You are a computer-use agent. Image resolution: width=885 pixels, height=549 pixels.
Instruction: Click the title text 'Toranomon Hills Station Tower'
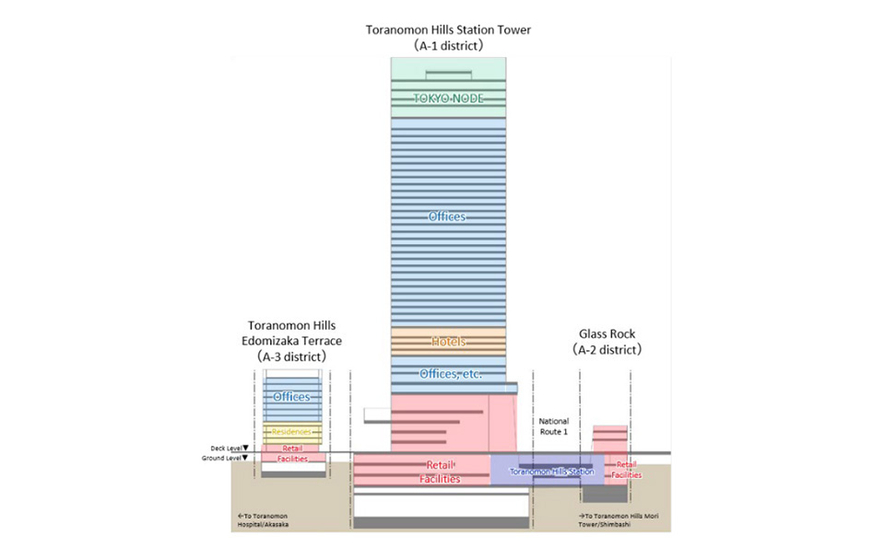pyautogui.click(x=448, y=29)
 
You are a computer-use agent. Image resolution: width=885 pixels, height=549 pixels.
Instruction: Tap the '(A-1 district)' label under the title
pyautogui.click(x=448, y=44)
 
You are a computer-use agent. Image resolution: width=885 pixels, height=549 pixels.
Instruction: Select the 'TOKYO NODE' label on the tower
pyautogui.click(x=448, y=99)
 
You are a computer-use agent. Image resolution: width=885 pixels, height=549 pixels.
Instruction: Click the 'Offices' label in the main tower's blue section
pyautogui.click(x=447, y=216)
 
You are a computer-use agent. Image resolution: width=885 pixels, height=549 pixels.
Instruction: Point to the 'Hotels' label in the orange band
pyautogui.click(x=448, y=342)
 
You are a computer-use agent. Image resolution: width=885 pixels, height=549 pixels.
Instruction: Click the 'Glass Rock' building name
pyautogui.click(x=607, y=333)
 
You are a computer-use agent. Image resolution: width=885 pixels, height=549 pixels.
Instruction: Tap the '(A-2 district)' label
pyautogui.click(x=607, y=350)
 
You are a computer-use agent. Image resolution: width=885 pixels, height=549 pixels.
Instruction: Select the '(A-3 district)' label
pyautogui.click(x=292, y=356)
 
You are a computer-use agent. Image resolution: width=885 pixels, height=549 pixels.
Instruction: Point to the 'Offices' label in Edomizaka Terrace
pyautogui.click(x=291, y=397)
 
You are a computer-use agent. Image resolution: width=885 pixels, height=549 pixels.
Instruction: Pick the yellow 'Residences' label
pyautogui.click(x=292, y=431)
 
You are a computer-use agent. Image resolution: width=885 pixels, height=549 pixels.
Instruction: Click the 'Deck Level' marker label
pyautogui.click(x=226, y=448)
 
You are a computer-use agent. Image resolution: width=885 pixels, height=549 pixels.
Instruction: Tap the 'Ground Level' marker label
pyautogui.click(x=223, y=458)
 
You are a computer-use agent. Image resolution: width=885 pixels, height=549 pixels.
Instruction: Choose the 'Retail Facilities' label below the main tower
pyautogui.click(x=440, y=473)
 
